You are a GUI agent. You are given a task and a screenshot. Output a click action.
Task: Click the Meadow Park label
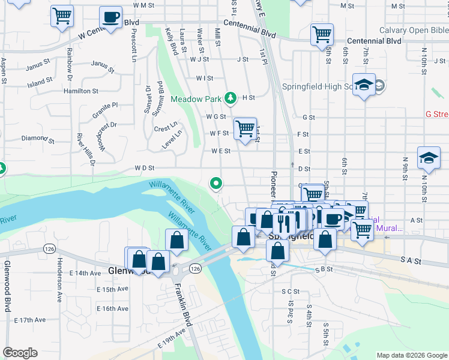coord(196,98)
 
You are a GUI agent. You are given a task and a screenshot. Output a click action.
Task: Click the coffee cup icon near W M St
coord(110,18)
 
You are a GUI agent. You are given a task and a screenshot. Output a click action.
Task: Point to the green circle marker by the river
coord(215,183)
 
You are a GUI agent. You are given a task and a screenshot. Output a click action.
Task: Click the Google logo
coord(20,353)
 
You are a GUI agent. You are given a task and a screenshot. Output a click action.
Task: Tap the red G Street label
coord(436,114)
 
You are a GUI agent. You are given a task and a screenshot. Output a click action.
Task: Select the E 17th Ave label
coord(31,320)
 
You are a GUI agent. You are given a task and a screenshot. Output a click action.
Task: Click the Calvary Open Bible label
coord(414,30)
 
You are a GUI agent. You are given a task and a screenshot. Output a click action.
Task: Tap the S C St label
coord(290,292)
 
